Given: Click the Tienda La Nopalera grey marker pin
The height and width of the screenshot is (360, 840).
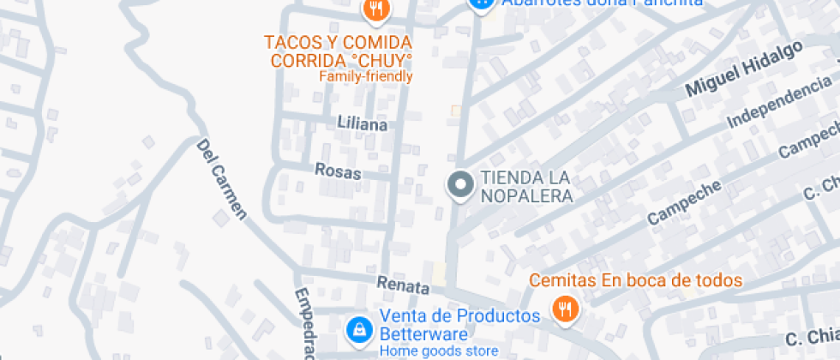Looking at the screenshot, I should (x=461, y=184).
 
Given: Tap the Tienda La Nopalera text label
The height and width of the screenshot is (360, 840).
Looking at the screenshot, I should (x=526, y=187).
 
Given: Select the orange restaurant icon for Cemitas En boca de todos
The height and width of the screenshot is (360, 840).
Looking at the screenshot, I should (x=564, y=309).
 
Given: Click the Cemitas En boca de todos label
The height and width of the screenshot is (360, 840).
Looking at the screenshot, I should (x=635, y=280).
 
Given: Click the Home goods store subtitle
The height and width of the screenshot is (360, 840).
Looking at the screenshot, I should (x=439, y=351).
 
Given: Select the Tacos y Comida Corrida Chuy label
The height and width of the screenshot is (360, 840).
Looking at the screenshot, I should (x=338, y=51).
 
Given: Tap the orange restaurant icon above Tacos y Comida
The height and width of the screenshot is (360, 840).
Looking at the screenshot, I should (x=375, y=10).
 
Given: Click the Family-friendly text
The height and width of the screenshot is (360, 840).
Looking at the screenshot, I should (x=366, y=76).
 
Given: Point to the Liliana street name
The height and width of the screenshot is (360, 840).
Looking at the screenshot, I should (x=363, y=124).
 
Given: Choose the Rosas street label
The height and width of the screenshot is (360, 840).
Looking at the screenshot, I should (x=339, y=171).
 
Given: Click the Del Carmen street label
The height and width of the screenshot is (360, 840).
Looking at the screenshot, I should (x=222, y=180).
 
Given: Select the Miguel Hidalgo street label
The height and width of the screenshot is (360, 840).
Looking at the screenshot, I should (x=743, y=68).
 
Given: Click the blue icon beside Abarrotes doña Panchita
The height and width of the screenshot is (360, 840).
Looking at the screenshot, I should (x=481, y=3).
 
